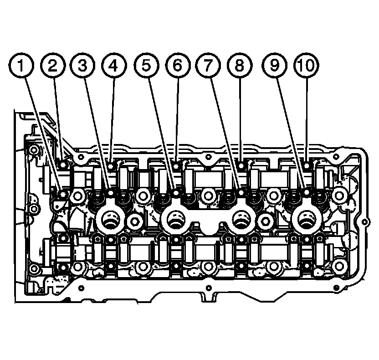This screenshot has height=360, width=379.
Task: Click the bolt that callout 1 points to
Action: point(62,195)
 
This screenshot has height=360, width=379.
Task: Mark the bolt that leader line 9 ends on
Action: point(306,195)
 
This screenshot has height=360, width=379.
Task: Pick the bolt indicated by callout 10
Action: point(306,165)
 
